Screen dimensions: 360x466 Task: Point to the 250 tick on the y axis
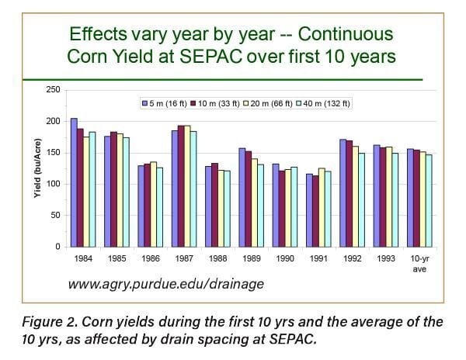coord(54,90)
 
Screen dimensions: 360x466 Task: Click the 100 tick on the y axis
coord(54,184)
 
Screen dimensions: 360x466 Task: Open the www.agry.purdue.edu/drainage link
coord(166,285)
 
